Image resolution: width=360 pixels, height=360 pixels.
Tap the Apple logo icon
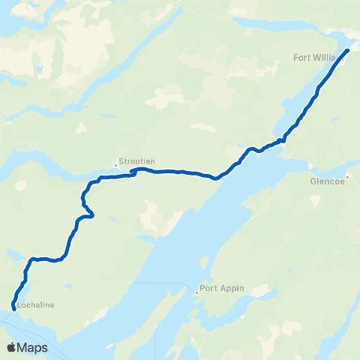coord(11,347)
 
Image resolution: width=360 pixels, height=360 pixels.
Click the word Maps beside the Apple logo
coord(33,348)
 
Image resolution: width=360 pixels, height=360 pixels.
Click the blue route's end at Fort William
coord(347,51)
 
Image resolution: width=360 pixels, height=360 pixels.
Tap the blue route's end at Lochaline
coord(13,304)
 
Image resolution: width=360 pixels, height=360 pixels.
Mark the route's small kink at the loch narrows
coord(282,139)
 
